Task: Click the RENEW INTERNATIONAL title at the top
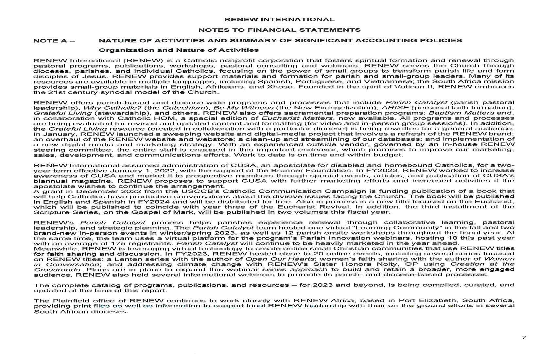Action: point(279,20)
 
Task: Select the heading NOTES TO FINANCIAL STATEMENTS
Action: point(279,30)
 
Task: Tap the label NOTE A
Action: point(54,41)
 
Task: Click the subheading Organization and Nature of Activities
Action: point(179,50)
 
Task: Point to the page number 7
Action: point(524,337)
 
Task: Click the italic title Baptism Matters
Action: point(461,113)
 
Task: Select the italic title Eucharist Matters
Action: point(297,118)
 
